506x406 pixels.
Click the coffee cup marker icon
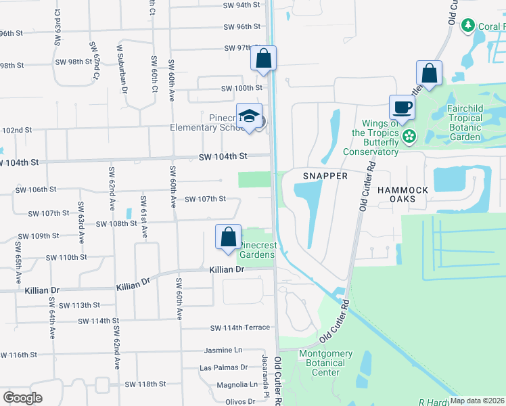pyautogui.click(x=402, y=107)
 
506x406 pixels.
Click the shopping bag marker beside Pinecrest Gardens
pyautogui.click(x=229, y=237)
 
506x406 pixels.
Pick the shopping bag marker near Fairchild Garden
pyautogui.click(x=429, y=72)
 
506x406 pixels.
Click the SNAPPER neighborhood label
pyautogui.click(x=325, y=176)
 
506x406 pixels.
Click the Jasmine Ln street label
pyautogui.click(x=223, y=351)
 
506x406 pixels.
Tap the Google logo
pyautogui.click(x=22, y=397)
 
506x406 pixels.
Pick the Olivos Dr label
pyautogui.click(x=239, y=402)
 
